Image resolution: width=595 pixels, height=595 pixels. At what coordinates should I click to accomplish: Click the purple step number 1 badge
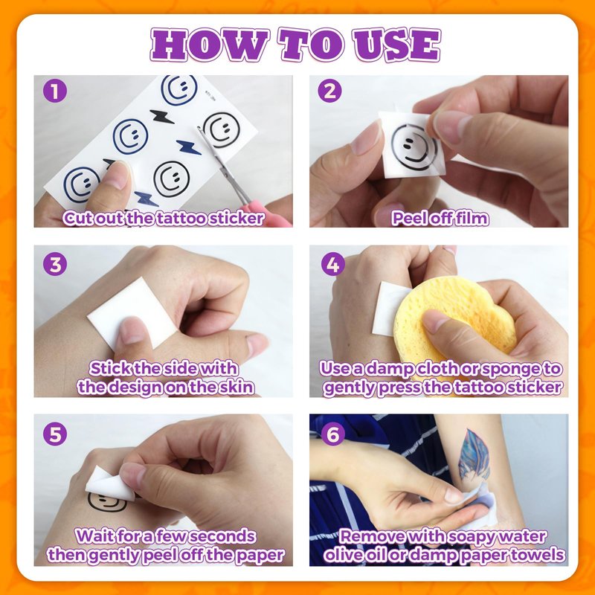(55, 91)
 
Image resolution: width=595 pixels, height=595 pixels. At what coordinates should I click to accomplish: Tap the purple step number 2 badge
(329, 91)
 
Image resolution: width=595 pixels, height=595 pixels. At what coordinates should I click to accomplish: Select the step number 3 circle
(55, 265)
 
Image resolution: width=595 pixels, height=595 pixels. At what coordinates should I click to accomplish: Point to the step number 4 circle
(332, 265)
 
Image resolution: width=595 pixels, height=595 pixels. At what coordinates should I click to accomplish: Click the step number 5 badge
(55, 434)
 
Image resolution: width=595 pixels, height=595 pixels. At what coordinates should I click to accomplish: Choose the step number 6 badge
(332, 434)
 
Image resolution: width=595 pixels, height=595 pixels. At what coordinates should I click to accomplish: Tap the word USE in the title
(396, 45)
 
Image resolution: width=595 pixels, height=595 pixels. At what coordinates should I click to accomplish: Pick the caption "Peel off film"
(440, 219)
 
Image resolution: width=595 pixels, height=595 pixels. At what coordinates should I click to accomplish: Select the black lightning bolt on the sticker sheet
(161, 117)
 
